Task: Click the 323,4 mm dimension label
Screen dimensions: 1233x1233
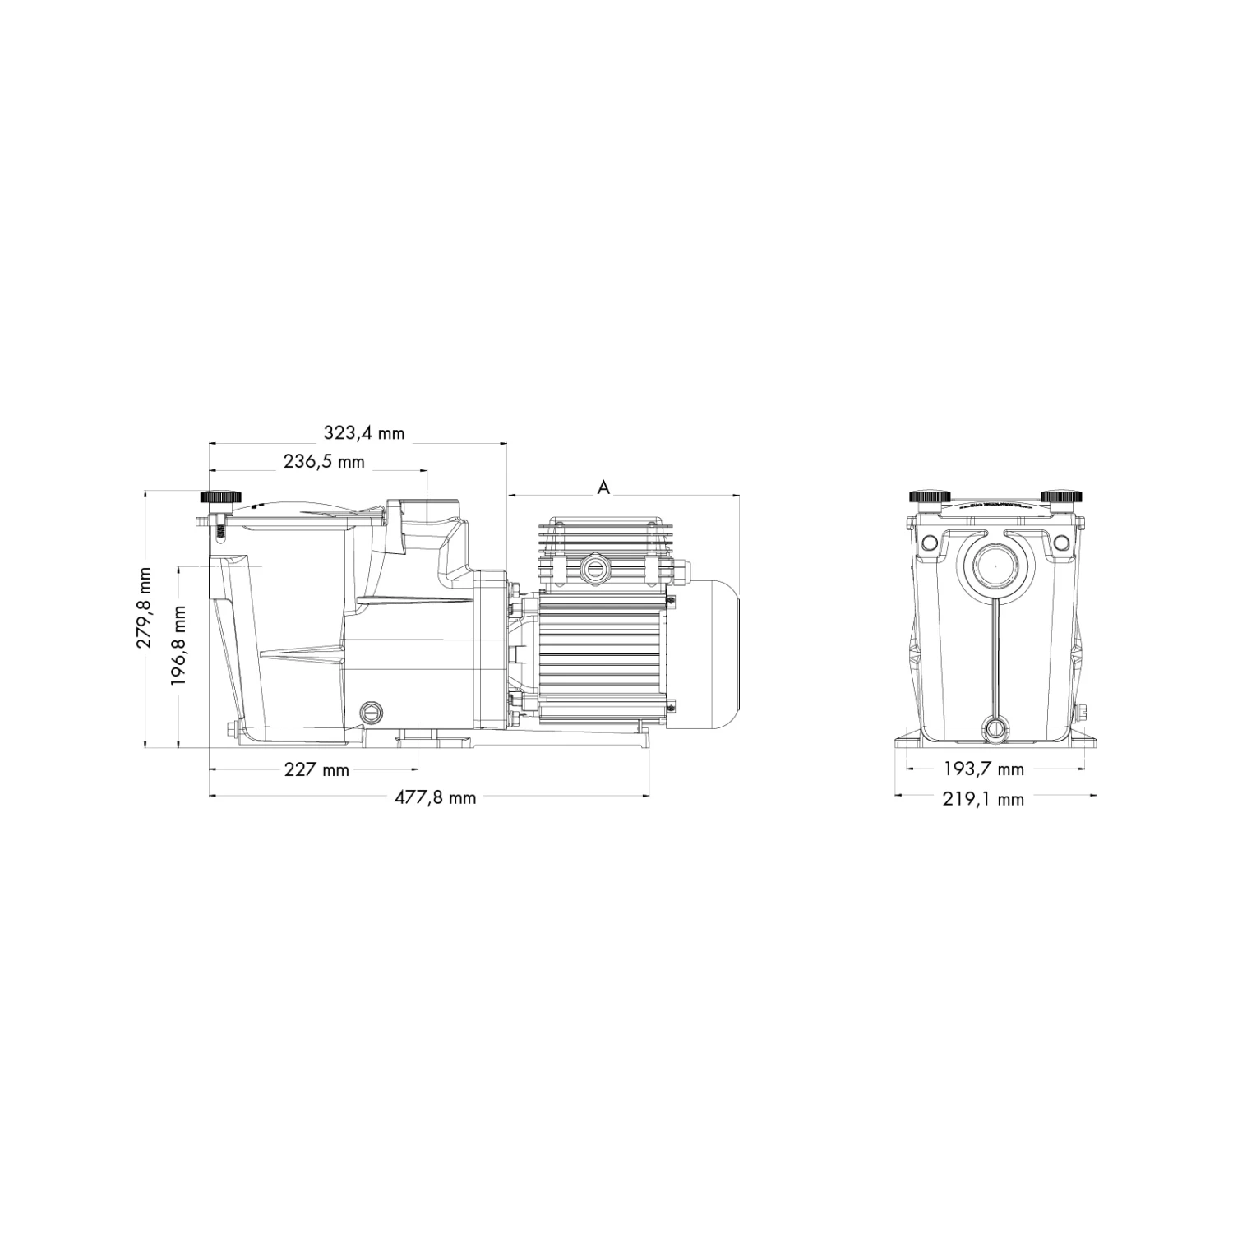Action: [x=363, y=432]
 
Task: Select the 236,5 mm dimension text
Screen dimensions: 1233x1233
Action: [x=324, y=461]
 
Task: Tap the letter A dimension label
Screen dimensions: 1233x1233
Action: [x=603, y=487]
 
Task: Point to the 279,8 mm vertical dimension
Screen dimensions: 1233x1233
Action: [x=145, y=607]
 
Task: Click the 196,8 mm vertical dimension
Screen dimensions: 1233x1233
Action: [x=178, y=645]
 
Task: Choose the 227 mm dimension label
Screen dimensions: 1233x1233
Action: [x=316, y=770]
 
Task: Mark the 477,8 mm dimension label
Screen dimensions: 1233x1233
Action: [x=434, y=797]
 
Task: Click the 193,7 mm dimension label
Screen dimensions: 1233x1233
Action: [x=983, y=769]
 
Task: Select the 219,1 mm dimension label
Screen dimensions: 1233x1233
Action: [x=983, y=798]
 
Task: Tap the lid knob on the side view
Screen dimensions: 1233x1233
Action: [x=220, y=498]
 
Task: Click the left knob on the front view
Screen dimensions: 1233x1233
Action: [x=930, y=496]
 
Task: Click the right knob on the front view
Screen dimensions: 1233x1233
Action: [x=1060, y=496]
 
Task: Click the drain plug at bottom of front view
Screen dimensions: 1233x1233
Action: [x=995, y=726]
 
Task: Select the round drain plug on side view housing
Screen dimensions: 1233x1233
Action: [x=372, y=711]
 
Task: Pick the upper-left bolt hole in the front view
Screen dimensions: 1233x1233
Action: [x=929, y=543]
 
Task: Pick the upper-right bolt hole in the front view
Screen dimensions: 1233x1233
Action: [x=1061, y=543]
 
